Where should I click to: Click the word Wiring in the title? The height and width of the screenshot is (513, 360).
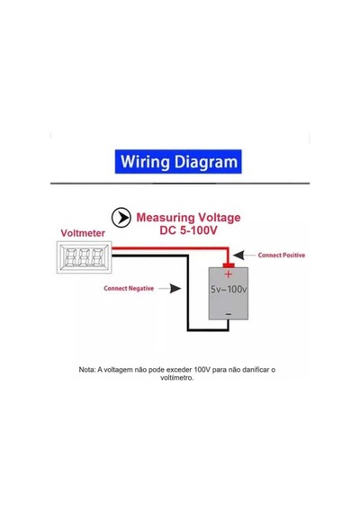pyautogui.click(x=145, y=162)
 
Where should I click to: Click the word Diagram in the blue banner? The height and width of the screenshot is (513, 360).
pyautogui.click(x=206, y=162)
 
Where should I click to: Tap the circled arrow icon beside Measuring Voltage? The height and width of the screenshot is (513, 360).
pyautogui.click(x=121, y=217)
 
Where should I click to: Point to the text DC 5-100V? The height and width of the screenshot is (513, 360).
pyautogui.click(x=188, y=230)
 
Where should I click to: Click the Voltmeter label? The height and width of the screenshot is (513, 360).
pyautogui.click(x=83, y=233)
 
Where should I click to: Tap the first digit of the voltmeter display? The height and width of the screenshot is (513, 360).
pyautogui.click(x=71, y=256)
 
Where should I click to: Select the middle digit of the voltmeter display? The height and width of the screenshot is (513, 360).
pyautogui.click(x=84, y=256)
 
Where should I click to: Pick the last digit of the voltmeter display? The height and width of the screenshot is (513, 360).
pyautogui.click(x=97, y=256)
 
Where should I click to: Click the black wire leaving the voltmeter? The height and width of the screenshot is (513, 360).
pyautogui.click(x=188, y=293)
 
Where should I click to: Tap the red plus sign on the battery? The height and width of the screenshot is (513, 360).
pyautogui.click(x=229, y=274)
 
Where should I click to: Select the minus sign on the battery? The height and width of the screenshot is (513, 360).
pyautogui.click(x=229, y=314)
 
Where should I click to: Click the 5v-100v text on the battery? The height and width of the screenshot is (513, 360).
pyautogui.click(x=229, y=289)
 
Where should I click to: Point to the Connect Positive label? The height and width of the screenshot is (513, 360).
pyautogui.click(x=282, y=256)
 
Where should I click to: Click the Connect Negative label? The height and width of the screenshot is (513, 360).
pyautogui.click(x=129, y=288)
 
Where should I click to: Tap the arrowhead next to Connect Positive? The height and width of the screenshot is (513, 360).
pyautogui.click(x=238, y=256)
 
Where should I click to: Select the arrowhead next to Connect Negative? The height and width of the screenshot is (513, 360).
pyautogui.click(x=175, y=288)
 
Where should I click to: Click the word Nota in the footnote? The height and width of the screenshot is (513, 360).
pyautogui.click(x=87, y=370)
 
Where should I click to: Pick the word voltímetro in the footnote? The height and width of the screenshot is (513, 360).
pyautogui.click(x=176, y=378)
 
